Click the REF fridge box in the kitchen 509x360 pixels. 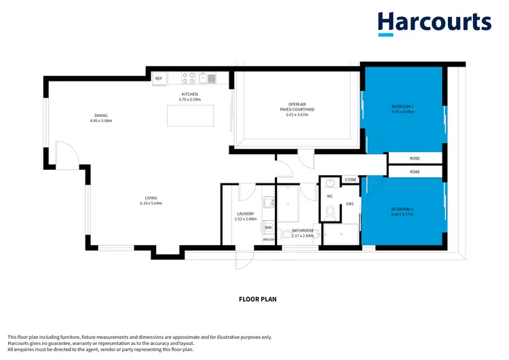[159, 79]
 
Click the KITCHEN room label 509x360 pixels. [189, 94]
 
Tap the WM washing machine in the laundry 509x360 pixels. [268, 228]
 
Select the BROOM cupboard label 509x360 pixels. [269, 239]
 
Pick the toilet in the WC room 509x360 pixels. [331, 213]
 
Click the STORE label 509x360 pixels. [350, 180]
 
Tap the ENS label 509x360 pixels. [350, 203]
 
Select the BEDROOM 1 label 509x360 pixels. [402, 107]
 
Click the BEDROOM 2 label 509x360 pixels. [402, 209]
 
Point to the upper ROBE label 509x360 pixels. [415, 158]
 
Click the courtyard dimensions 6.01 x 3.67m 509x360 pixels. [297, 115]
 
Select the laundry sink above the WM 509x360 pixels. [269, 202]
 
